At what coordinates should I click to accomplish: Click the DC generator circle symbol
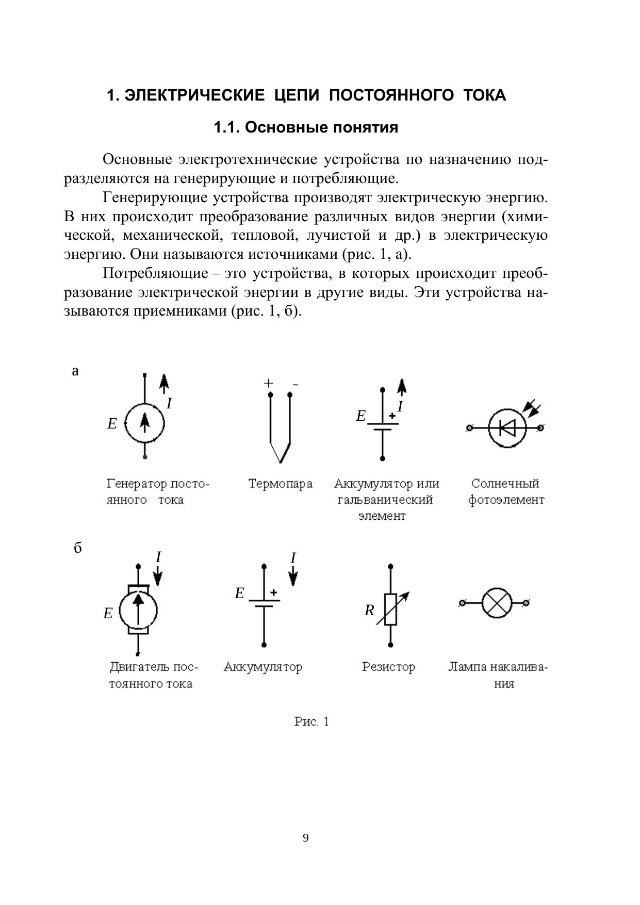(x=145, y=423)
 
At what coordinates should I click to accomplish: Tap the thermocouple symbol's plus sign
(x=268, y=383)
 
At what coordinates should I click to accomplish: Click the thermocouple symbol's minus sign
(x=295, y=384)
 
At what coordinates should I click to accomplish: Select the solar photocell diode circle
(x=506, y=427)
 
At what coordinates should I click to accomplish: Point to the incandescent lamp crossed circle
(x=497, y=602)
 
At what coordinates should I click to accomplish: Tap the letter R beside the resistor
(x=369, y=611)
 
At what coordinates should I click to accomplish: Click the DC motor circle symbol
(x=138, y=612)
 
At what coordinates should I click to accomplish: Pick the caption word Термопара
(x=280, y=484)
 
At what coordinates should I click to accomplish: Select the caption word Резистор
(x=388, y=667)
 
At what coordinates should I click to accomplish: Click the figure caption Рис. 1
(x=311, y=721)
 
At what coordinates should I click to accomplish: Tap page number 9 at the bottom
(x=306, y=838)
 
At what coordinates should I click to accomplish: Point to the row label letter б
(x=77, y=548)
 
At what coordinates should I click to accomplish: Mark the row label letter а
(x=75, y=371)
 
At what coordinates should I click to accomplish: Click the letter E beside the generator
(x=112, y=424)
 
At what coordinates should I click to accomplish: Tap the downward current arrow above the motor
(x=158, y=575)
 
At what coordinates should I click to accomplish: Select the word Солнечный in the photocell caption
(x=505, y=484)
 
